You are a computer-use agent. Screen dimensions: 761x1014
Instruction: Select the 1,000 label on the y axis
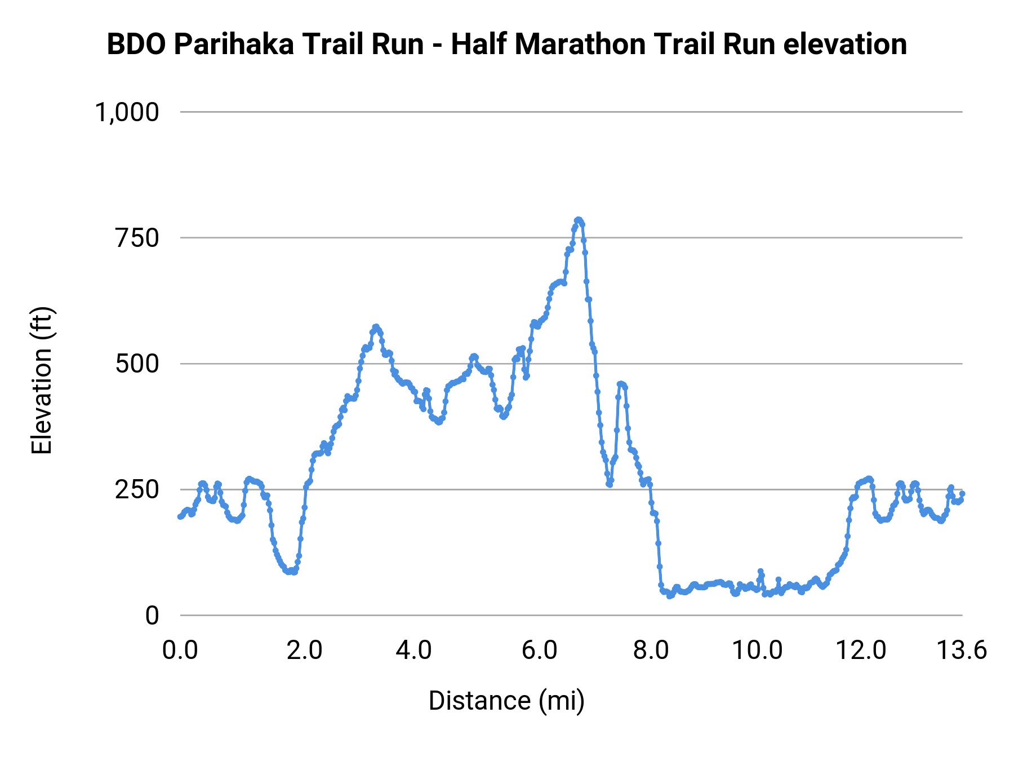pyautogui.click(x=127, y=112)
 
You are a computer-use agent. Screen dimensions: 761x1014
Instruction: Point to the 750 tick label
pyautogui.click(x=137, y=238)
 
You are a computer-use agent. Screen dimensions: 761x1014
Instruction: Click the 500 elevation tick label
pyautogui.click(x=137, y=364)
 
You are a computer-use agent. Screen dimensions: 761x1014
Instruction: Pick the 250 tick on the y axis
pyautogui.click(x=137, y=489)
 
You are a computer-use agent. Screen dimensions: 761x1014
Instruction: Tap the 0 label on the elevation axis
pyautogui.click(x=152, y=616)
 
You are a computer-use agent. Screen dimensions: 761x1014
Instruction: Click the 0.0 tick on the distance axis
pyautogui.click(x=180, y=651)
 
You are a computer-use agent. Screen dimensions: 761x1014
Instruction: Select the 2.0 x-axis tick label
pyautogui.click(x=304, y=651)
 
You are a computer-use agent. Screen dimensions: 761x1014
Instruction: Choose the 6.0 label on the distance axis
pyautogui.click(x=539, y=651)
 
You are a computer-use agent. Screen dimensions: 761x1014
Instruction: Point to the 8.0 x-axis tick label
pyautogui.click(x=651, y=651)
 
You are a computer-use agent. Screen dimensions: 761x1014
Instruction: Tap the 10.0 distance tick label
pyautogui.click(x=757, y=651)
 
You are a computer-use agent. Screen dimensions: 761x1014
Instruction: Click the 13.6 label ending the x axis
pyautogui.click(x=961, y=651)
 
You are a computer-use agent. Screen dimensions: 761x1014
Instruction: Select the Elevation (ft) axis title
pyautogui.click(x=42, y=380)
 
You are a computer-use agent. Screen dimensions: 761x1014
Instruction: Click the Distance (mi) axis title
pyautogui.click(x=506, y=701)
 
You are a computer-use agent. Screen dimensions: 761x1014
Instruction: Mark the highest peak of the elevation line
pyautogui.click(x=578, y=220)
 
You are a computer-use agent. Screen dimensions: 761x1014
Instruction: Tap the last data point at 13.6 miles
pyautogui.click(x=962, y=494)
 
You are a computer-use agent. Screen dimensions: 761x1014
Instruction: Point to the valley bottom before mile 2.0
pyautogui.click(x=290, y=572)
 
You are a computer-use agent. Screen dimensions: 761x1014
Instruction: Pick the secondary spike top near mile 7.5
pyautogui.click(x=621, y=384)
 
